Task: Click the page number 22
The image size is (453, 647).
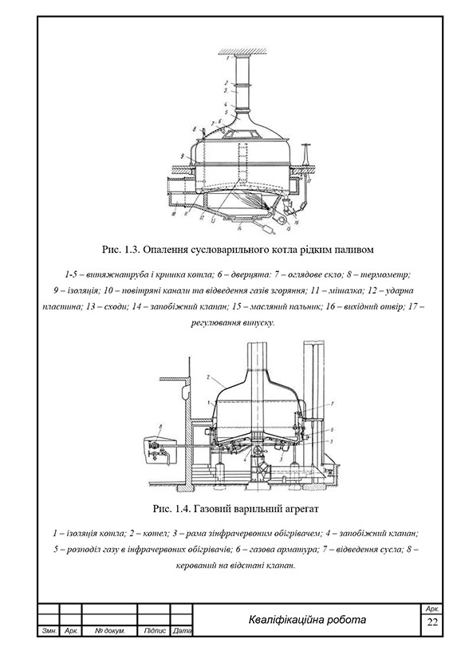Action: click(432, 622)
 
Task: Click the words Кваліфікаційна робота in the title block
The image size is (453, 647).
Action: click(307, 620)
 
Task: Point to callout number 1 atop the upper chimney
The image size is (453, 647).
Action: click(226, 60)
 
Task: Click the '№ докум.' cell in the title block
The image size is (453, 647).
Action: click(109, 631)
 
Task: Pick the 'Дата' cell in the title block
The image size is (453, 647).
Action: click(182, 631)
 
